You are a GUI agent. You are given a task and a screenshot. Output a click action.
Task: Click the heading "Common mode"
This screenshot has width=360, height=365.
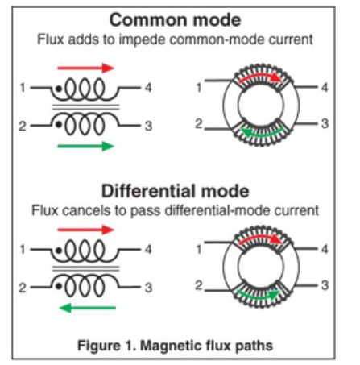coord(175,20)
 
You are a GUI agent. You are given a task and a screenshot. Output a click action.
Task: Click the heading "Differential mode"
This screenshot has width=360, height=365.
coord(175,191)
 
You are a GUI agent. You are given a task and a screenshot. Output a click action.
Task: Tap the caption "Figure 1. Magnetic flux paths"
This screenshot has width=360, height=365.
coord(175,346)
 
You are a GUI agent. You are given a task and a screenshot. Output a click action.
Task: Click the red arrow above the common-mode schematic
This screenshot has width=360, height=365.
coord(86,68)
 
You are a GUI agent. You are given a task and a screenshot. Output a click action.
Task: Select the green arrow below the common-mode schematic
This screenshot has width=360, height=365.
coord(86,147)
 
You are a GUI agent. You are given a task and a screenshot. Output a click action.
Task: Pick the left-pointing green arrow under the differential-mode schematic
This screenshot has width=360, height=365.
coord(88,308)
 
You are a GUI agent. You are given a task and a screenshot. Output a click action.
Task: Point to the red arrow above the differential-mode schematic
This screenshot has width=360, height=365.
coord(86,230)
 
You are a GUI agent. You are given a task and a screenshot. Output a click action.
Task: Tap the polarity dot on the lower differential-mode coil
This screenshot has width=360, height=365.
coord(59,286)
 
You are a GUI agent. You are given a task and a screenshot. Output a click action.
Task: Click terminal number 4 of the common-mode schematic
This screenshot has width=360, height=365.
coord(148,88)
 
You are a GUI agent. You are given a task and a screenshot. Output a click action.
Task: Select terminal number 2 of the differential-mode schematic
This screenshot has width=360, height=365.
coord(23,288)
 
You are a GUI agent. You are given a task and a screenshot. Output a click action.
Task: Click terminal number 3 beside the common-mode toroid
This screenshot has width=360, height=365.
coord(325,123)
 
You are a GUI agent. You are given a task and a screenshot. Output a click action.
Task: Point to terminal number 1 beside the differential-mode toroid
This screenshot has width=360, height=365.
coord(199,250)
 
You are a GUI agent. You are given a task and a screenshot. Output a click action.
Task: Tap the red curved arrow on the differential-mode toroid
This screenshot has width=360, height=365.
coord(260,238)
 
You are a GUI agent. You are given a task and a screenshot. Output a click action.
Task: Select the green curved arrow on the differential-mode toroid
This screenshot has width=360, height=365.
coord(259,297)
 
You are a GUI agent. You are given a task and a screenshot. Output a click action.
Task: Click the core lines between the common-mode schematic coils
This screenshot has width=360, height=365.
coord(85,107)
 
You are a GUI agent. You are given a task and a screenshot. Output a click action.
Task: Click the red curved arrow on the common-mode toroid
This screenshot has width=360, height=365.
coord(260,76)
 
